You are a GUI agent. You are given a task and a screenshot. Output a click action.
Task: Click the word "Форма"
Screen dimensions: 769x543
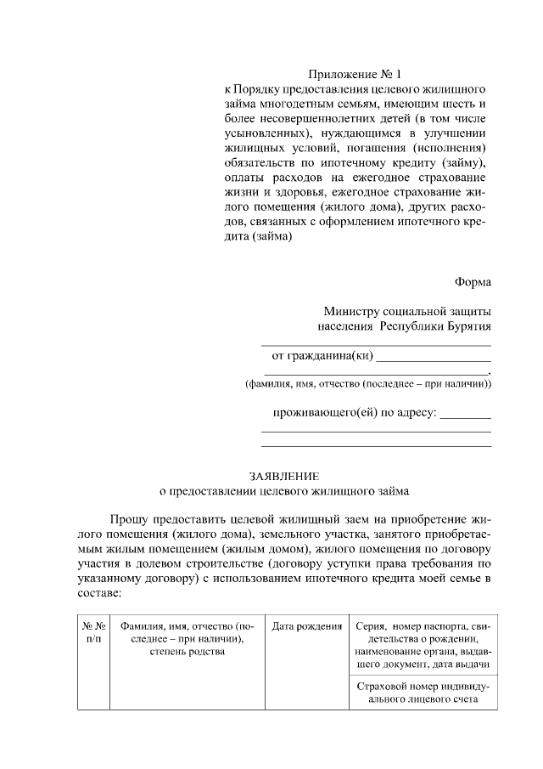pos(473,282)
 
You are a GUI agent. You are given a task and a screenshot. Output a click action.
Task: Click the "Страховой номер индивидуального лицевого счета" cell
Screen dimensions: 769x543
pos(421,692)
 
